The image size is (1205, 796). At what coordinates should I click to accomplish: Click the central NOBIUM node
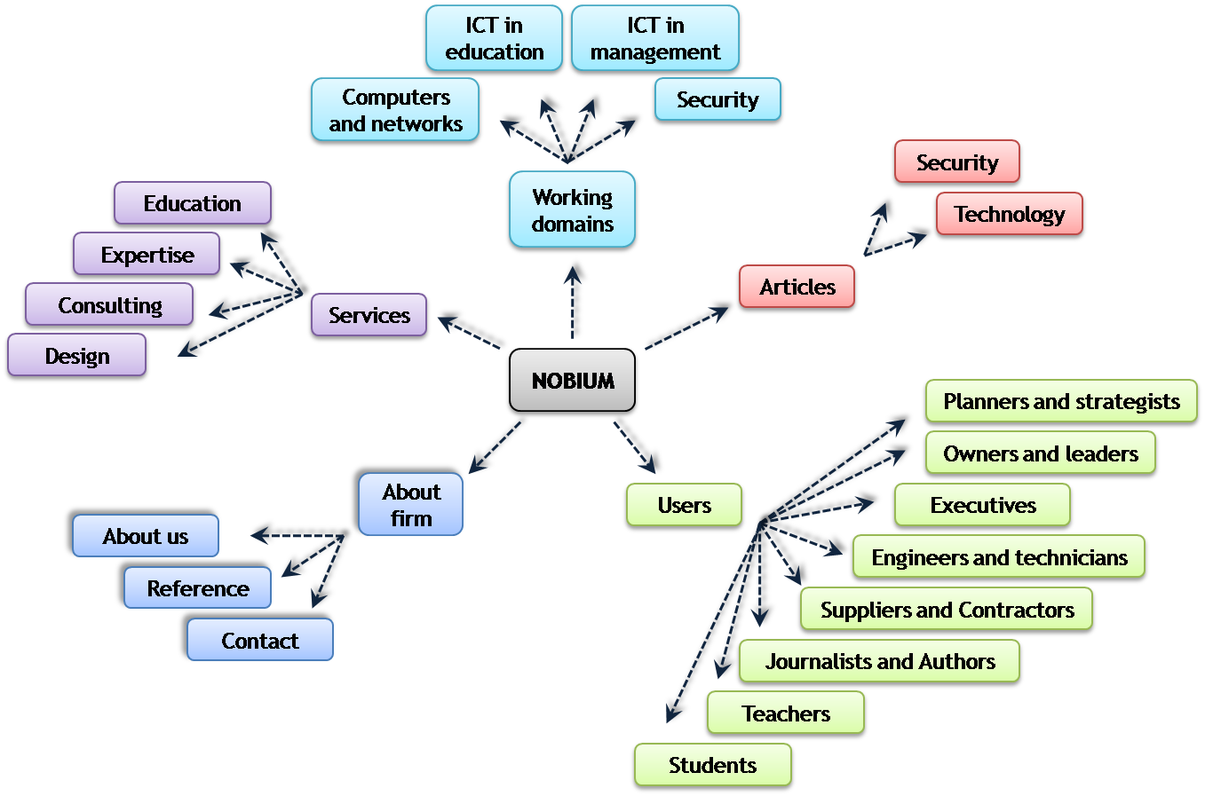point(573,381)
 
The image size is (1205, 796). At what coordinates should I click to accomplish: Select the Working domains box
point(573,210)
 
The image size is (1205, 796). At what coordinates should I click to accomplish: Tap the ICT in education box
point(494,39)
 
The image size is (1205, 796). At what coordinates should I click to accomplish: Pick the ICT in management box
point(655,39)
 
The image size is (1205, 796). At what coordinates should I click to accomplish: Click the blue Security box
point(717,99)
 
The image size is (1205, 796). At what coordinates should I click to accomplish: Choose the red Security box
point(957,162)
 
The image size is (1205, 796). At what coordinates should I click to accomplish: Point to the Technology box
point(1010,214)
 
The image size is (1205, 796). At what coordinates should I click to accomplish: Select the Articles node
point(797,287)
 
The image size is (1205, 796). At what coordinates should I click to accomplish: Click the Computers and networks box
point(396,110)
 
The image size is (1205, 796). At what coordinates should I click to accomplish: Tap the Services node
point(369,315)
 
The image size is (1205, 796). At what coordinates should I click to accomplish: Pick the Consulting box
point(109,305)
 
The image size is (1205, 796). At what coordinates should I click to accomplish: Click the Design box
point(77,356)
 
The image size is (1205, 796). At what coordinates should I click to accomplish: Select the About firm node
point(411,505)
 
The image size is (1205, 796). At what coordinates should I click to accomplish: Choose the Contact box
point(260,641)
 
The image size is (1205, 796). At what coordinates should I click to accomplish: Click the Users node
point(684,505)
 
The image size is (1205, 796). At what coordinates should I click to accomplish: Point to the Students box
point(712,765)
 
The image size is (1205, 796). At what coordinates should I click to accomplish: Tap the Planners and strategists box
point(1061,401)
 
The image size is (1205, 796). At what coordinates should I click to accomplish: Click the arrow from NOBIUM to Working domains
point(576,299)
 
